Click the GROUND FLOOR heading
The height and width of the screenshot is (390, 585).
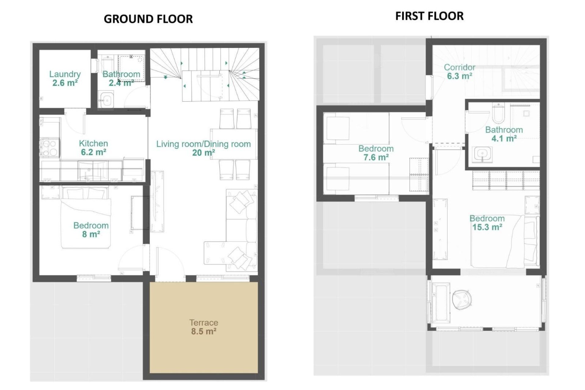click(148, 19)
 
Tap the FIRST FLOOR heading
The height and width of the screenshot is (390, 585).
click(429, 16)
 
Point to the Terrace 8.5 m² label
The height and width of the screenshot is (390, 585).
click(204, 327)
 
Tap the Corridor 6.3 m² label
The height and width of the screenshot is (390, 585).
click(459, 72)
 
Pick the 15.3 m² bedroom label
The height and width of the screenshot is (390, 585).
click(487, 223)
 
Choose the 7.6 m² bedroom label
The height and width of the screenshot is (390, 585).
click(376, 153)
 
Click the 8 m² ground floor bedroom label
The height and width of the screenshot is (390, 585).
click(91, 230)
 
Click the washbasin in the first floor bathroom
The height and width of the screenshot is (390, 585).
click(482, 154)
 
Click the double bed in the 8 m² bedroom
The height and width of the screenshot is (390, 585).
click(85, 218)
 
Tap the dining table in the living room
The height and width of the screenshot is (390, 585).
click(233, 144)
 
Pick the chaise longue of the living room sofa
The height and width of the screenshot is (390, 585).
click(215, 252)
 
